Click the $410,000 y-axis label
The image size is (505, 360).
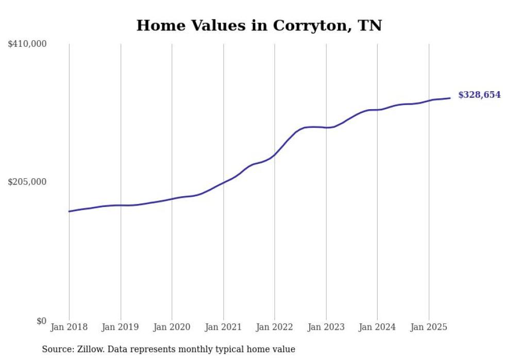click(27, 44)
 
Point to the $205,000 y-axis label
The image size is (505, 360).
click(27, 182)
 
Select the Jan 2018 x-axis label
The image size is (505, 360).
click(69, 327)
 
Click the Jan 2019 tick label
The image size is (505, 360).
click(121, 327)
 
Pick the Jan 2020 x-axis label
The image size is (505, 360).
click(172, 327)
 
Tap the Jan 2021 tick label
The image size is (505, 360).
click(223, 327)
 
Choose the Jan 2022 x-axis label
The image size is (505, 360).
click(275, 327)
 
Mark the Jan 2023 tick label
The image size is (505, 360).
click(326, 327)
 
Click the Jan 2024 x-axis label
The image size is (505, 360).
click(377, 327)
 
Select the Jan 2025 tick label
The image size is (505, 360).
click(429, 327)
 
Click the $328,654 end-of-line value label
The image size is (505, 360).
click(479, 95)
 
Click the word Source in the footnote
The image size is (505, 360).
click(57, 349)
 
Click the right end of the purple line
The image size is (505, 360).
click(450, 98)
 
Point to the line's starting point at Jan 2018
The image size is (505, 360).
click(69, 211)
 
